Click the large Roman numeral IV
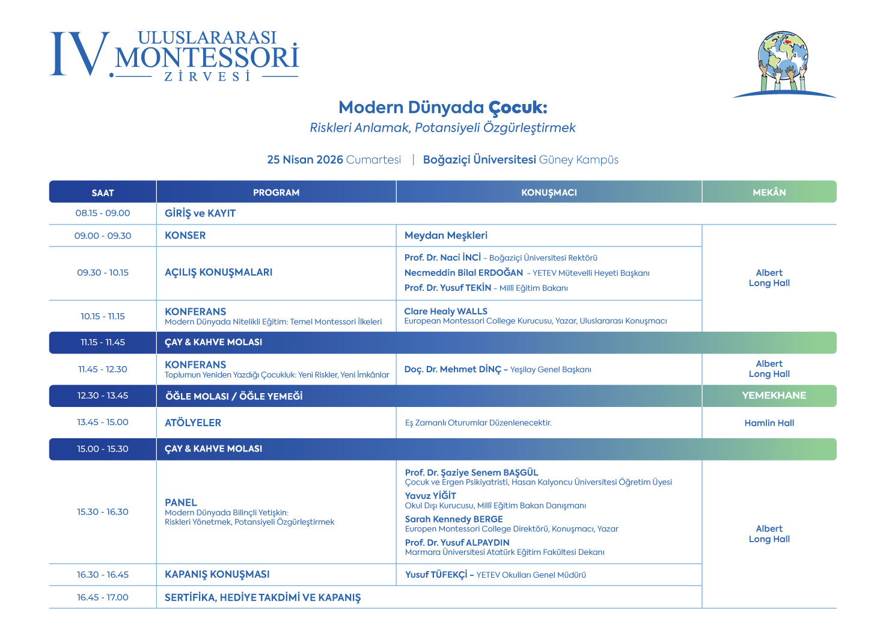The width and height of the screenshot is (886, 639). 79,55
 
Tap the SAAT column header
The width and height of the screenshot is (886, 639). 103,192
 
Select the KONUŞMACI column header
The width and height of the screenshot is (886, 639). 549,192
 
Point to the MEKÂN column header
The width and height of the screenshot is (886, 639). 769,192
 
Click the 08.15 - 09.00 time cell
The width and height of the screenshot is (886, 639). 103,213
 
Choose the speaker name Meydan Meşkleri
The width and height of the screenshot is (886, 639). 445,236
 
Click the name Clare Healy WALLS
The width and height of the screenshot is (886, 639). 445,311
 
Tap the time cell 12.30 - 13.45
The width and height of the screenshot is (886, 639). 103,396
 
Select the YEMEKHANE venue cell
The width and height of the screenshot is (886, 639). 774,396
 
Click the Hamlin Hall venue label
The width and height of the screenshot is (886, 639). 769,423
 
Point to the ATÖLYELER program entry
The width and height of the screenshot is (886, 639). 193,423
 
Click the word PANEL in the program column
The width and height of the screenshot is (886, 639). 181,503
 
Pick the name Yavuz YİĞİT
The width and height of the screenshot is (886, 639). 430,496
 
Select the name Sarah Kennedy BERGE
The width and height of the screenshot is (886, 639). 454,519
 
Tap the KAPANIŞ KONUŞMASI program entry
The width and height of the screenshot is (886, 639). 217,575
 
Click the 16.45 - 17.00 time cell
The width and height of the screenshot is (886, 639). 103,598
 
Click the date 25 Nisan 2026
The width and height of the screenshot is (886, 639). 305,160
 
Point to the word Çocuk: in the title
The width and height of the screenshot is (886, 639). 518,108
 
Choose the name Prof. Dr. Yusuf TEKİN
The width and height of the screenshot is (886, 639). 448,288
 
